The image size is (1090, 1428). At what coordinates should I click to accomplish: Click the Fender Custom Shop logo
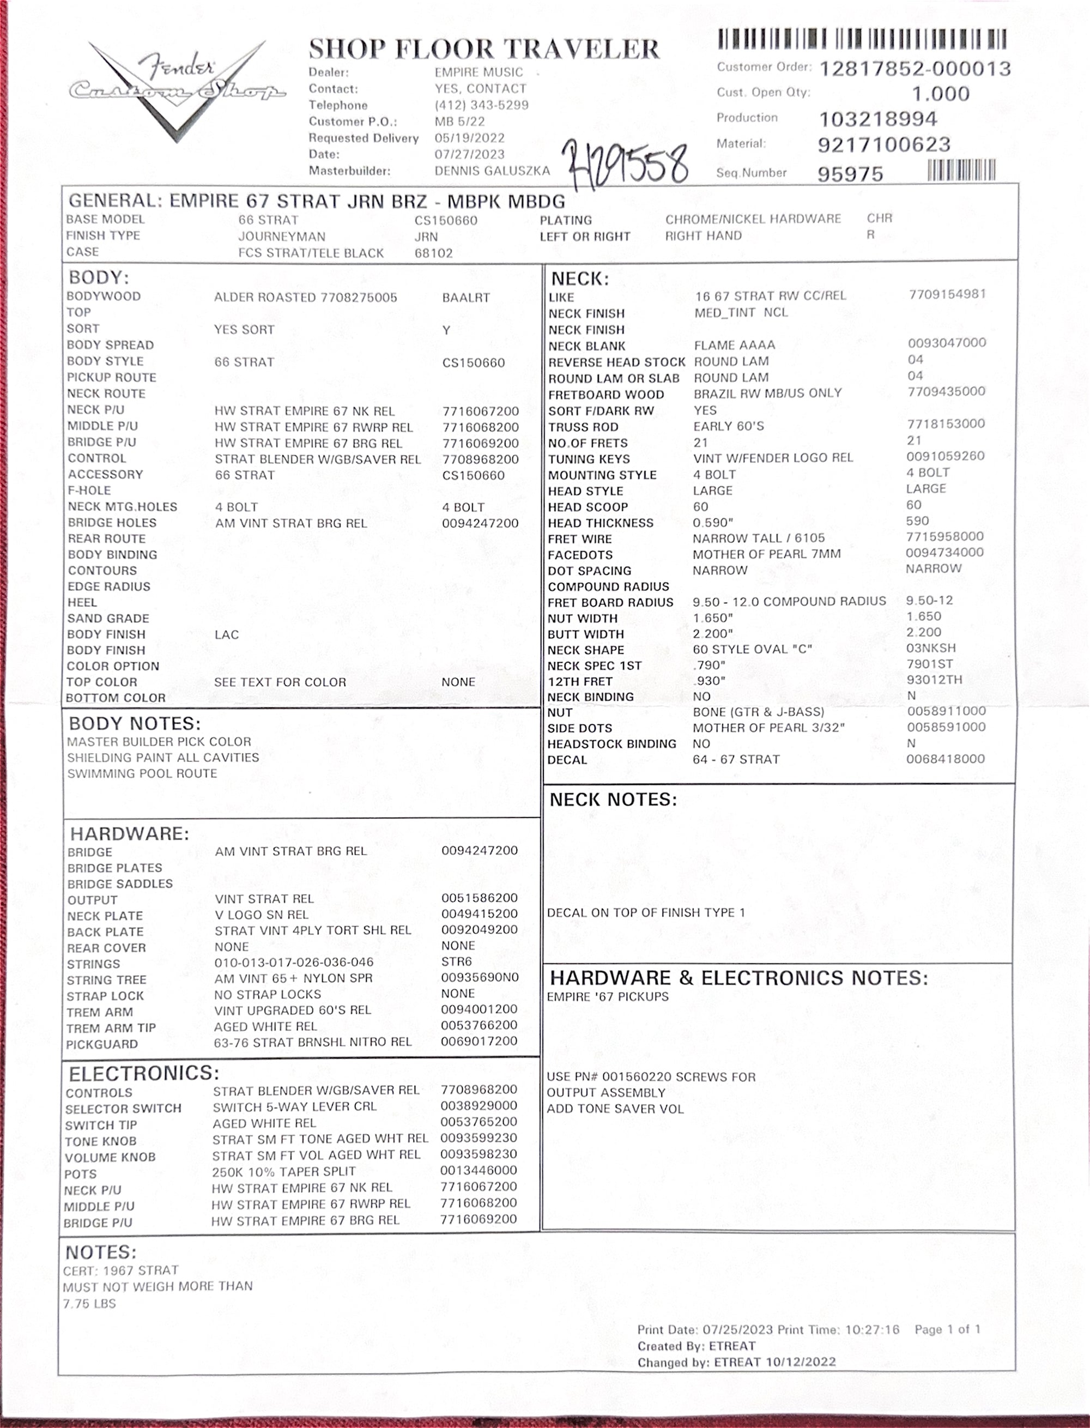coord(177,89)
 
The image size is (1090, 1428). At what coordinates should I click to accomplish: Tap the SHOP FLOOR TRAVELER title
coord(483,49)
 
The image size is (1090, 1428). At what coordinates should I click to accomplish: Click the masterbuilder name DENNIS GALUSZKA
coord(492,171)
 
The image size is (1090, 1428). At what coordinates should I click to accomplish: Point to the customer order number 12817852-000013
coord(915,69)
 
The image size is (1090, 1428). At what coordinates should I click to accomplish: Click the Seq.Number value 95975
coord(850,174)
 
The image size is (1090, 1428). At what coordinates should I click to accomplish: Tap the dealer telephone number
coord(481,105)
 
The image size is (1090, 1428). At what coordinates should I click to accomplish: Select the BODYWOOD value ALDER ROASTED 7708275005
coord(305,298)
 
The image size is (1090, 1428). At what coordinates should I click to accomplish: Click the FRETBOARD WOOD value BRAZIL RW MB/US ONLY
coord(767,393)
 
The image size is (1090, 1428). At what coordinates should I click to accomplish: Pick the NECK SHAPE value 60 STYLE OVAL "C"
coord(752,650)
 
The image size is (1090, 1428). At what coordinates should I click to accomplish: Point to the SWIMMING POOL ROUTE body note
coord(142,773)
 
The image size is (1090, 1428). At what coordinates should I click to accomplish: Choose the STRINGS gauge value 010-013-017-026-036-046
coord(294,962)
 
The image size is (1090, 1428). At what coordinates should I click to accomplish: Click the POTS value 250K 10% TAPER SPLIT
coord(283,1172)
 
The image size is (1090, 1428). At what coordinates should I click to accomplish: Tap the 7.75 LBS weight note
coord(89,1303)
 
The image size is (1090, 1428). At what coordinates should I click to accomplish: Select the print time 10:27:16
coord(872,1329)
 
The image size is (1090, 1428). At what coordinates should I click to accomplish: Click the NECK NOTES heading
coord(613,800)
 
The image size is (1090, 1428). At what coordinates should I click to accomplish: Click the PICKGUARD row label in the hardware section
coord(102,1044)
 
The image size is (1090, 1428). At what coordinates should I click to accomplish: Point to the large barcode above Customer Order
coord(862,40)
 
